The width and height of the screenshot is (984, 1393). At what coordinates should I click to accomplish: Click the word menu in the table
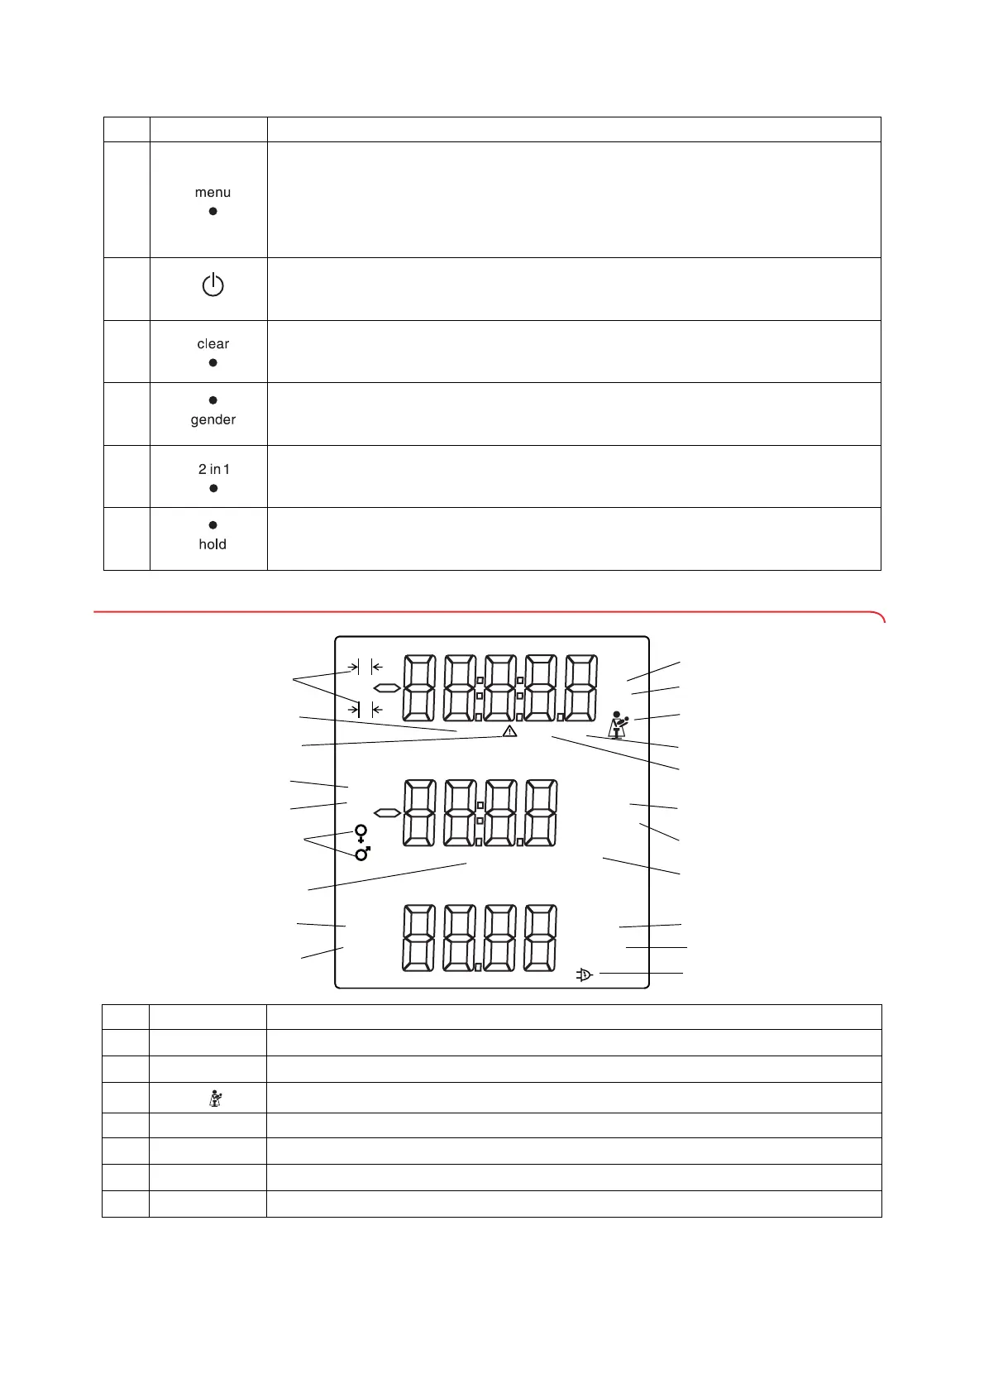tap(213, 193)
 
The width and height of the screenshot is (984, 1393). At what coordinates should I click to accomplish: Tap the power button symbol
tap(213, 286)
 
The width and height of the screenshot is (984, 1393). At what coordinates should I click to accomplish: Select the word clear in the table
tap(213, 344)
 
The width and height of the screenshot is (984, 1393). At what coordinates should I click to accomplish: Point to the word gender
tap(213, 419)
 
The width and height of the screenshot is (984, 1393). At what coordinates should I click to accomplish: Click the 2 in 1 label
tap(213, 469)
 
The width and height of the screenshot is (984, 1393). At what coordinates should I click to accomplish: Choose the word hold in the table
tap(213, 544)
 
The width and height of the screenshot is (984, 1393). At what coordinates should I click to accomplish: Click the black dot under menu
tap(213, 211)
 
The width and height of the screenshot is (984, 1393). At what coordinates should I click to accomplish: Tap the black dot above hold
tap(213, 525)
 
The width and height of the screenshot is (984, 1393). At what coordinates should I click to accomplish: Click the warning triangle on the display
tap(509, 731)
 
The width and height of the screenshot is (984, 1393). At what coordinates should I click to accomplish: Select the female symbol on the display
tap(361, 833)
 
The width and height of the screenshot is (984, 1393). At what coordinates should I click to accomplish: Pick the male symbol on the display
tap(362, 853)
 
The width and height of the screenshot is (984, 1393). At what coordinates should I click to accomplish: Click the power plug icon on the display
tap(585, 974)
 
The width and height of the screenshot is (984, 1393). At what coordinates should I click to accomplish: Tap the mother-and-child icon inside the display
tap(618, 724)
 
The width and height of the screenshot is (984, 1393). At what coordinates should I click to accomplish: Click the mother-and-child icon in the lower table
tap(215, 1099)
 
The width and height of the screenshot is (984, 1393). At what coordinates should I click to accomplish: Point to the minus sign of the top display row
tap(387, 688)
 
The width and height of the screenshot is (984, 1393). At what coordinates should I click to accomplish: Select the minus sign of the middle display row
tap(387, 812)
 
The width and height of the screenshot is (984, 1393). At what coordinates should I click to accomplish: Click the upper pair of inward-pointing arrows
tap(365, 665)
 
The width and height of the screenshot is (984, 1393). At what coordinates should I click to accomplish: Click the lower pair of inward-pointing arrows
tap(365, 708)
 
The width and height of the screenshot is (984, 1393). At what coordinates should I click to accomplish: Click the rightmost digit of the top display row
tap(580, 688)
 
